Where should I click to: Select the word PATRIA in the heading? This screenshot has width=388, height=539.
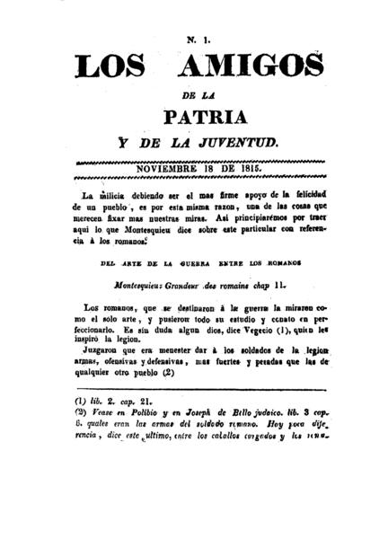coord(193,118)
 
